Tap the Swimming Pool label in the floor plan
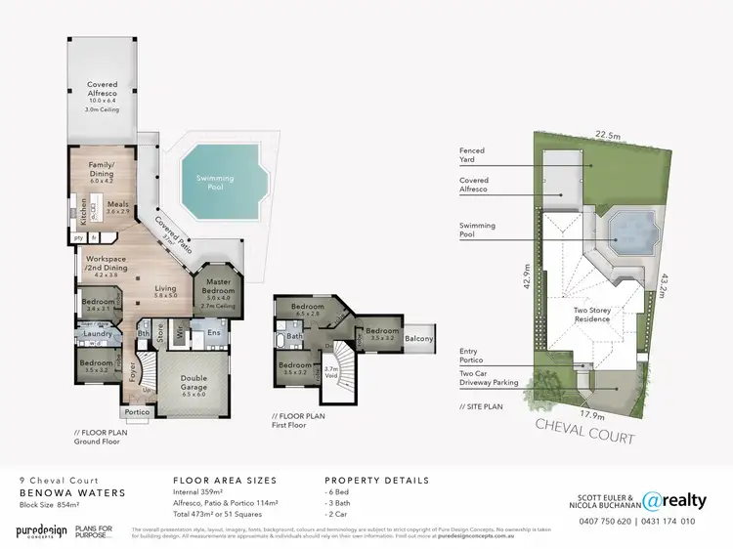215,182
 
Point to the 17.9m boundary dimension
588,414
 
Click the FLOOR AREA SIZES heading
224,481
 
